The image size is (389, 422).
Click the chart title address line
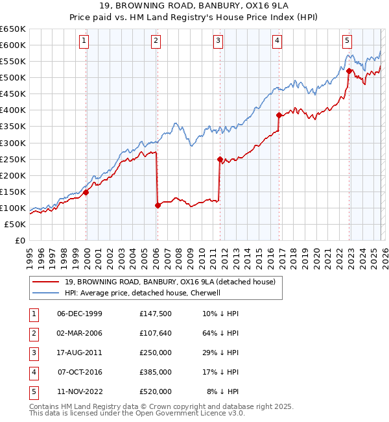coord(194,6)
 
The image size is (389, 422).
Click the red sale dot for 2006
coord(158,205)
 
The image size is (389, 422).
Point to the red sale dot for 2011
coord(220,158)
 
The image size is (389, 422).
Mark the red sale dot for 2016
coord(279,115)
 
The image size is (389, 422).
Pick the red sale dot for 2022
coord(349,71)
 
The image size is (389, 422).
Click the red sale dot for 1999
coord(86,192)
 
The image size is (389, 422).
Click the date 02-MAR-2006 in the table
coord(80,334)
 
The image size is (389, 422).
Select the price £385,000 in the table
coord(156,373)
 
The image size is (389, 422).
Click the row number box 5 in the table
coord(32,391)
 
